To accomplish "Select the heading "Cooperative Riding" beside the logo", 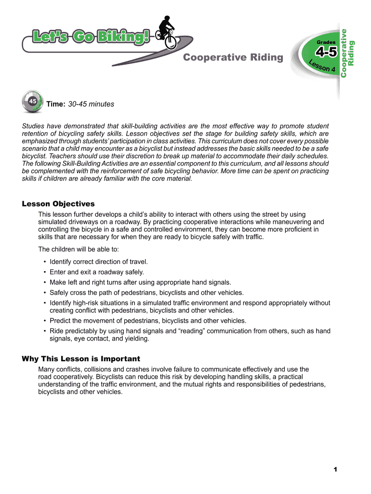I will click(233, 58).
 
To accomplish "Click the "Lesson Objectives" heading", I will click(58, 204).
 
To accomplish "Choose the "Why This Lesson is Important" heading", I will click(81, 359).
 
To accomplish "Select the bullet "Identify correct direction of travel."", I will click(98, 262).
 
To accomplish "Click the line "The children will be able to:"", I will click(78, 249).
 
